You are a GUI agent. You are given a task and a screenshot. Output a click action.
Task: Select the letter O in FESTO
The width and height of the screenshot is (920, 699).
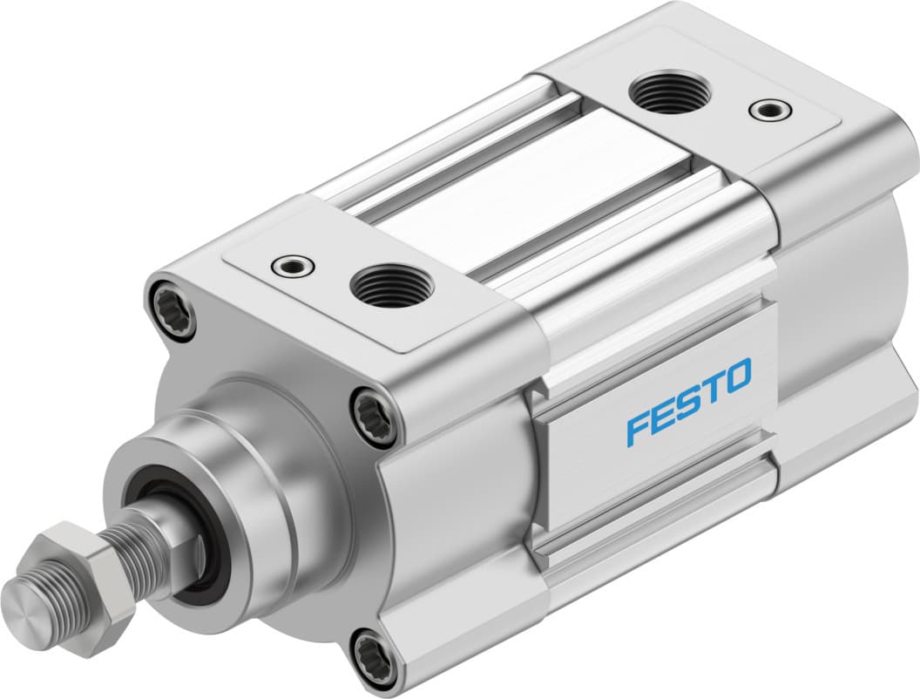coord(736,376)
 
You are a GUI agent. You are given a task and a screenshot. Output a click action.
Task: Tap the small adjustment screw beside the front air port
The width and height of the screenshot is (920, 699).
coord(292,265)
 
